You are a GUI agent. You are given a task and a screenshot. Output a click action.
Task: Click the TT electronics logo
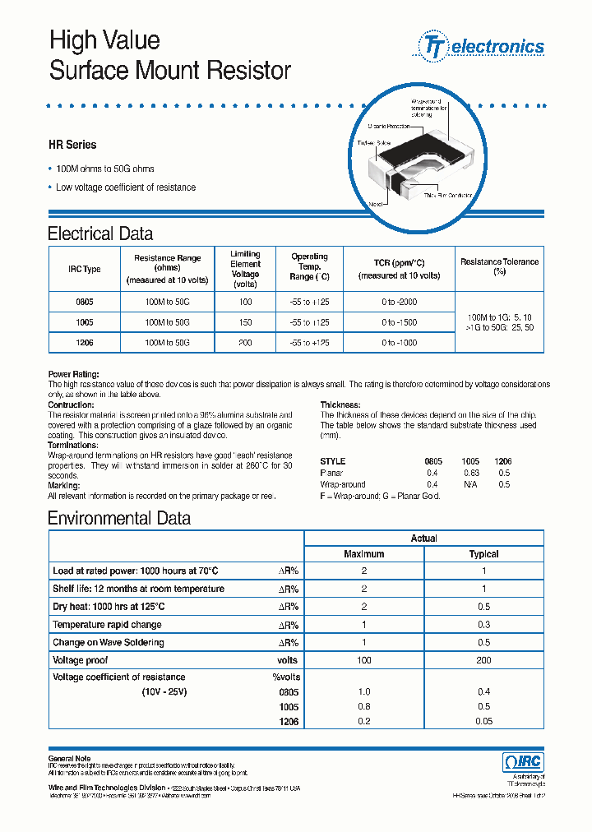[483, 47]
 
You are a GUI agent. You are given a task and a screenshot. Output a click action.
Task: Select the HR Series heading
[72, 145]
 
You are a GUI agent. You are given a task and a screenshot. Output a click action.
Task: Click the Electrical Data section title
[99, 233]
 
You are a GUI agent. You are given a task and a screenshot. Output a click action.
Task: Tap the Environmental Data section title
[118, 519]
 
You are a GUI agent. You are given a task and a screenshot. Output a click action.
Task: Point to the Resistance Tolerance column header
[499, 266]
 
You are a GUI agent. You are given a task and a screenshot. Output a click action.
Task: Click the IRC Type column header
[84, 269]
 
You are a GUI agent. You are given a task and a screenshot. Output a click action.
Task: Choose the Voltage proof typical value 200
[483, 660]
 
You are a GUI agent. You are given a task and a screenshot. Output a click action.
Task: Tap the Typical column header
[483, 554]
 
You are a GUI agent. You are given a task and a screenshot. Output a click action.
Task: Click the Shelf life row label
[138, 589]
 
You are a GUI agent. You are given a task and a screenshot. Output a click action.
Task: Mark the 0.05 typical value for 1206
[483, 721]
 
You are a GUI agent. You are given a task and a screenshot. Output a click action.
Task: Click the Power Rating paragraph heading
[73, 373]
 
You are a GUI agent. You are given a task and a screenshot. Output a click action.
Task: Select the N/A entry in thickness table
[471, 485]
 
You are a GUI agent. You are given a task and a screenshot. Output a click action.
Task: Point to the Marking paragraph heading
[64, 486]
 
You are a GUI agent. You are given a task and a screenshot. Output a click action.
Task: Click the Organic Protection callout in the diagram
[387, 126]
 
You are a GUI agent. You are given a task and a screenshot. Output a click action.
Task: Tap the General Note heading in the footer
[70, 758]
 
